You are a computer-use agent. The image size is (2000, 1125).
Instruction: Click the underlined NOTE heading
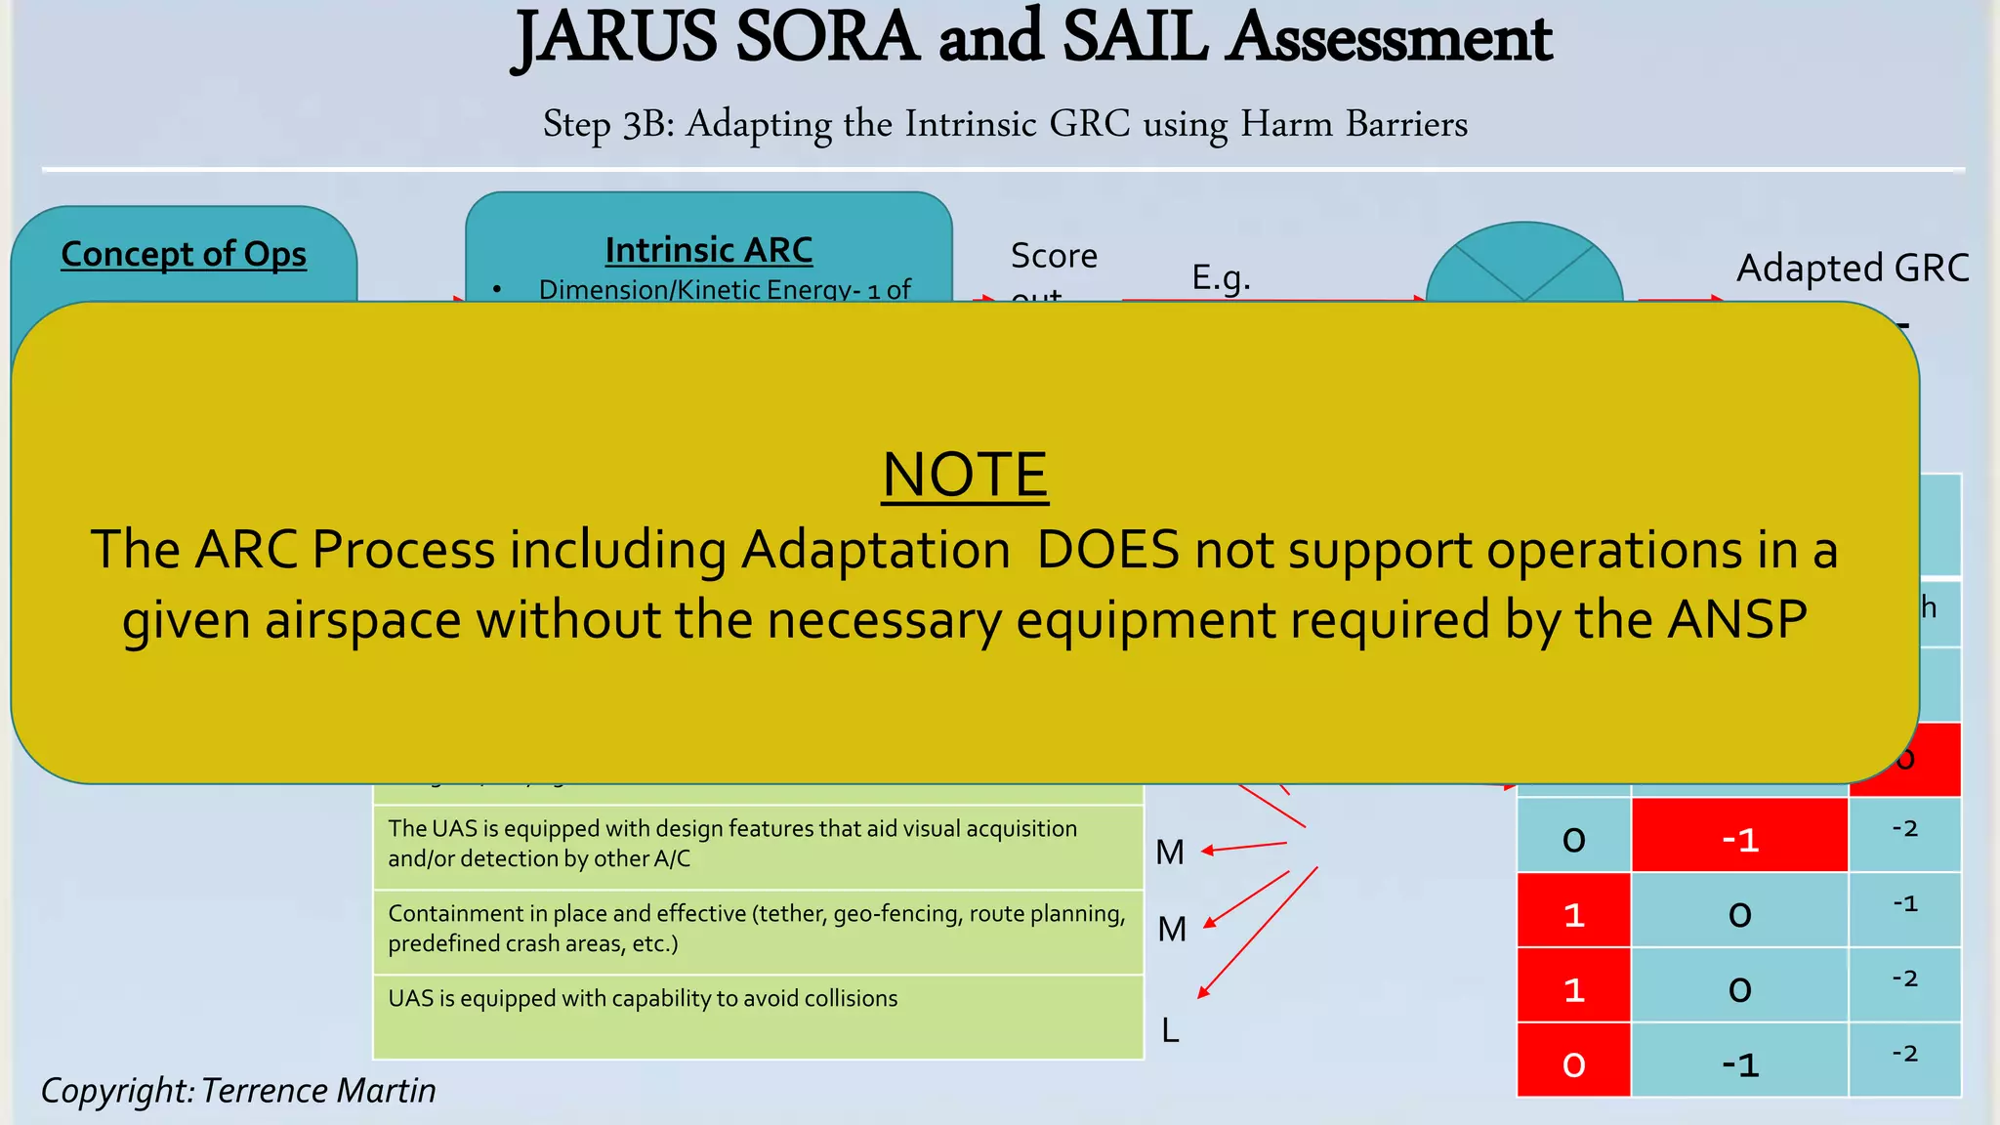[965, 475]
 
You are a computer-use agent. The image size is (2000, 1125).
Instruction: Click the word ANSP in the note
[1737, 619]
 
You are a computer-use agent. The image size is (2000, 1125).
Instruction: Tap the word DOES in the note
[1107, 549]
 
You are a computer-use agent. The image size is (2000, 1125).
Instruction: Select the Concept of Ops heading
[184, 254]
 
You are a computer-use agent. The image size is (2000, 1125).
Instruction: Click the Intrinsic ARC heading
[708, 250]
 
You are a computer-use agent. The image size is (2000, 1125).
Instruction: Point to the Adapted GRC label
[1852, 268]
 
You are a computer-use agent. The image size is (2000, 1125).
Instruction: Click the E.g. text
[1221, 278]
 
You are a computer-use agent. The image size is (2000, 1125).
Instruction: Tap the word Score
[1054, 256]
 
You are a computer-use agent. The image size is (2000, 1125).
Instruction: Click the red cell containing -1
[1739, 839]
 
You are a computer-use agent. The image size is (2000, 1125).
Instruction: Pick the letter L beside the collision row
[1170, 1030]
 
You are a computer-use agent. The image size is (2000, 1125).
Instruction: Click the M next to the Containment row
[1172, 929]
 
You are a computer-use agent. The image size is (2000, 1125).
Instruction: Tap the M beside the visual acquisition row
[1170, 853]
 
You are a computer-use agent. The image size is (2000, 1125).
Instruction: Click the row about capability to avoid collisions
[643, 999]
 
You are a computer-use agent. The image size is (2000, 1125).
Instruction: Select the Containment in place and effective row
[756, 928]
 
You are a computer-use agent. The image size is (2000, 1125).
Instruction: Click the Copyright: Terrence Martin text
[238, 1090]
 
